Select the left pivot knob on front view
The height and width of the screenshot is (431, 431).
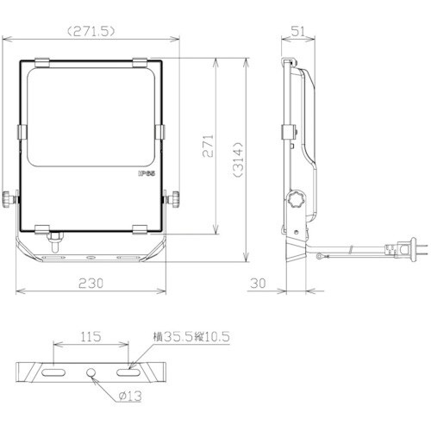[10, 199]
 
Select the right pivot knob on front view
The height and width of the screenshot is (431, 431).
[175, 199]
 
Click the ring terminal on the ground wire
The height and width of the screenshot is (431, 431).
[322, 254]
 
